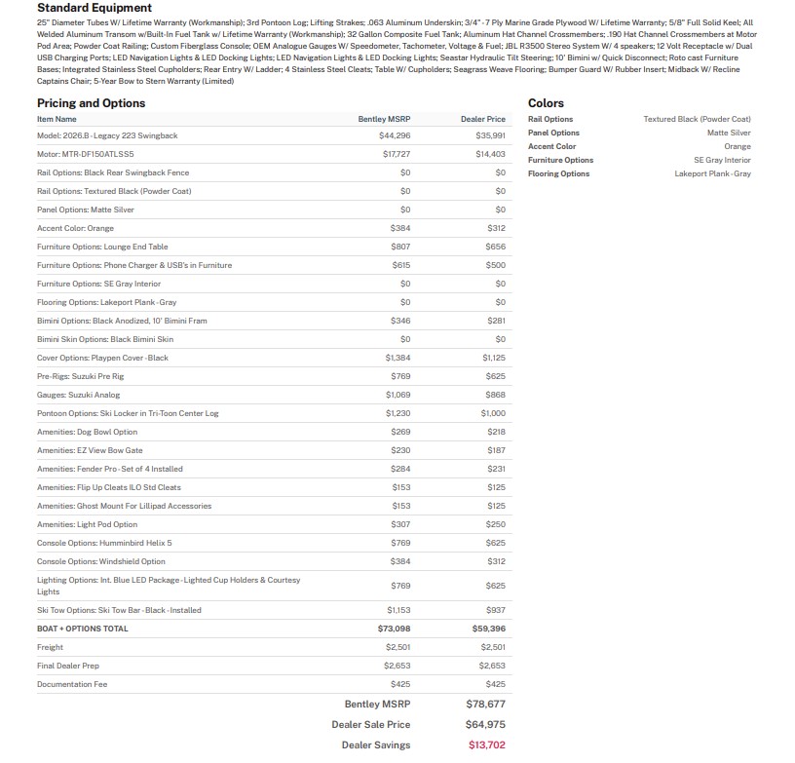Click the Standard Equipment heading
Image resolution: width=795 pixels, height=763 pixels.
click(x=95, y=8)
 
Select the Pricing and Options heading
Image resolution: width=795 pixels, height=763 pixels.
click(x=91, y=103)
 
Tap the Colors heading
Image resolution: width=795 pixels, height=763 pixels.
click(x=546, y=103)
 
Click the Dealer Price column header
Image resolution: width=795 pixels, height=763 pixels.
click(x=482, y=119)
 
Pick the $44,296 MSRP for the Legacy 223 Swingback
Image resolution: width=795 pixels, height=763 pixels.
click(x=395, y=135)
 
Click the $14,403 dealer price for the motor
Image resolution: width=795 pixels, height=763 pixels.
click(x=490, y=154)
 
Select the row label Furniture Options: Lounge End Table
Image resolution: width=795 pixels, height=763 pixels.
click(x=102, y=247)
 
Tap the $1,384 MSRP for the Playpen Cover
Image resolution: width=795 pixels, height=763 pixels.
click(x=397, y=358)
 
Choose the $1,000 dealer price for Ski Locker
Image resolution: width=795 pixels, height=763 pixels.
click(x=493, y=413)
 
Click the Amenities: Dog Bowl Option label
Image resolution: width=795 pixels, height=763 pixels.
click(x=87, y=432)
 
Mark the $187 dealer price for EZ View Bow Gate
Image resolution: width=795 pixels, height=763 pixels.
click(x=496, y=450)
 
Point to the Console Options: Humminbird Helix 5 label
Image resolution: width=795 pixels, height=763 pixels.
click(x=104, y=543)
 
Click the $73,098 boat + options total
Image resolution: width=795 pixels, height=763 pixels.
click(x=394, y=629)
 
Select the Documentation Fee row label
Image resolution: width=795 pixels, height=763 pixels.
click(x=72, y=684)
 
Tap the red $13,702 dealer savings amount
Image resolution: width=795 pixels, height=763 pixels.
click(x=486, y=745)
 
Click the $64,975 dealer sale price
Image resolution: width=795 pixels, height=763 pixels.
click(x=485, y=724)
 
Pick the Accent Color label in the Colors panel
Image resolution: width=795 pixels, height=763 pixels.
click(x=551, y=146)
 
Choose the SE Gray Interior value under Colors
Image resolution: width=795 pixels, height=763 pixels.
click(x=722, y=160)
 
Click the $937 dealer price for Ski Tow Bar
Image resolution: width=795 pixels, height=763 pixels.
click(x=496, y=610)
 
